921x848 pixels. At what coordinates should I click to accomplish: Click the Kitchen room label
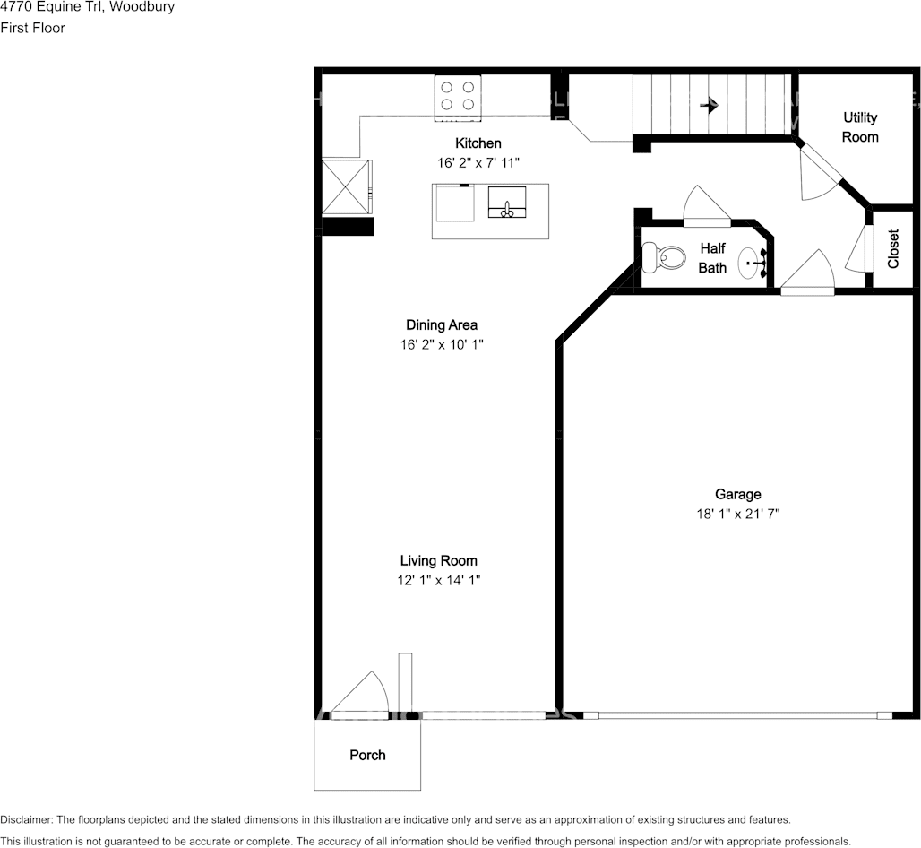[x=478, y=143]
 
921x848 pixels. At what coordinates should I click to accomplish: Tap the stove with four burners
[x=458, y=98]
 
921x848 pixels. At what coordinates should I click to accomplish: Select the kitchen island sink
[x=507, y=203]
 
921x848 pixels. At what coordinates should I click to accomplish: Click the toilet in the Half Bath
[x=664, y=257]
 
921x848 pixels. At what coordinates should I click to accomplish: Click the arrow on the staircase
[x=710, y=106]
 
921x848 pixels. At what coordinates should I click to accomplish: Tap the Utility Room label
[x=860, y=127]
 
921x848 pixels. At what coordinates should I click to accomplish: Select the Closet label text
[x=893, y=248]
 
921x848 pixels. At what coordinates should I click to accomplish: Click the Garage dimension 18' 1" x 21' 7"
[x=737, y=514]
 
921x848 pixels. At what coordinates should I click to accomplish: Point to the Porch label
[x=367, y=755]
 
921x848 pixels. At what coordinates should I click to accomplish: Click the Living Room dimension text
[x=439, y=581]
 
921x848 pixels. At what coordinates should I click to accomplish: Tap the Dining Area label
[x=442, y=325]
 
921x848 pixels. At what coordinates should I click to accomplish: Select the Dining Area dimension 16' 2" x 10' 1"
[x=442, y=344]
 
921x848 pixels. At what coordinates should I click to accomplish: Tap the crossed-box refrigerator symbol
[x=346, y=186]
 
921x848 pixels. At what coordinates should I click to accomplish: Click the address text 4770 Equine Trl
[x=54, y=8]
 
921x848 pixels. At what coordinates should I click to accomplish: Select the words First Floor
[x=33, y=28]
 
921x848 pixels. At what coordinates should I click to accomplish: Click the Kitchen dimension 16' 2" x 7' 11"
[x=478, y=163]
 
